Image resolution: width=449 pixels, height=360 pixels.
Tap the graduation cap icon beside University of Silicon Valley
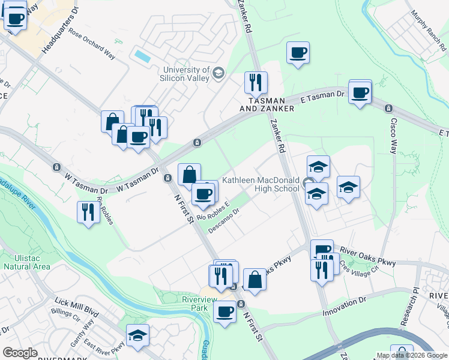coord(218,74)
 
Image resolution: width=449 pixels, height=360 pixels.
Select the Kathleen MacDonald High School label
coord(261,184)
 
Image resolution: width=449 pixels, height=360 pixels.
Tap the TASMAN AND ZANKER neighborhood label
coord(267,104)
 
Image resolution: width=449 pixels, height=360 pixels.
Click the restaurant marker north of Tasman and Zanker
coord(256,83)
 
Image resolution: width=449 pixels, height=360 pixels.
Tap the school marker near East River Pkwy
coord(138,335)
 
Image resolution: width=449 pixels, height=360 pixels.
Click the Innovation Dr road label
coord(344,306)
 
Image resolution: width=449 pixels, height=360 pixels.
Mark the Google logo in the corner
coord(20,353)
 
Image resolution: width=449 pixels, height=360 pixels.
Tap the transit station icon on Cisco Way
coord(388,109)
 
